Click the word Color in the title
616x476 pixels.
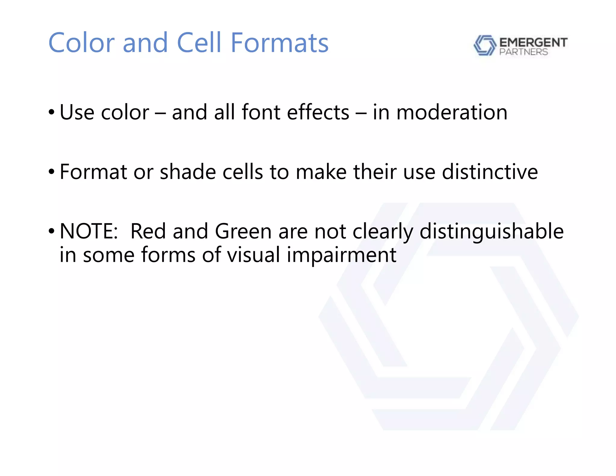click(x=81, y=43)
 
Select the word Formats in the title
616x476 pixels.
click(x=279, y=43)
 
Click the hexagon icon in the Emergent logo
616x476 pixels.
click(x=484, y=45)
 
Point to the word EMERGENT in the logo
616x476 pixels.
click(x=533, y=42)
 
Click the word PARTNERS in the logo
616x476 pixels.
click(x=523, y=52)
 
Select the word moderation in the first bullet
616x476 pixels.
click(x=452, y=112)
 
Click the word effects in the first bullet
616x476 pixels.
click(x=318, y=112)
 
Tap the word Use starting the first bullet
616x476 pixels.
click(x=77, y=112)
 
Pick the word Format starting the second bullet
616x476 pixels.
click(x=93, y=172)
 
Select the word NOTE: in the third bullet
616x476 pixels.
click(x=89, y=231)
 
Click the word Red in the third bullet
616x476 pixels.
click(x=148, y=231)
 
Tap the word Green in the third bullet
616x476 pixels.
click(x=243, y=231)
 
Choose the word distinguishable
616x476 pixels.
click(x=491, y=231)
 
